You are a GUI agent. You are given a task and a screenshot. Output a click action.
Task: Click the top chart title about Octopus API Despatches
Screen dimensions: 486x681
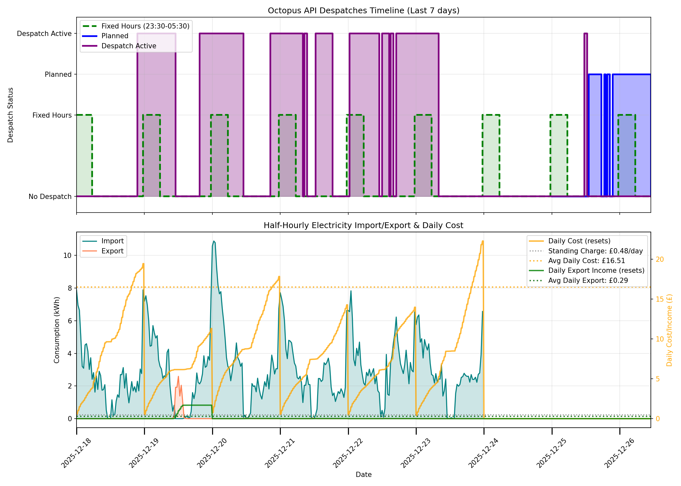click(363, 11)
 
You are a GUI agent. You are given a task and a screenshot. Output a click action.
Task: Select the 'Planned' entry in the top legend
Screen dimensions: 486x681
click(115, 36)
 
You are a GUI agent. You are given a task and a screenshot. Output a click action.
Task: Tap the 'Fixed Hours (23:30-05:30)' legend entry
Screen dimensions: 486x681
click(145, 26)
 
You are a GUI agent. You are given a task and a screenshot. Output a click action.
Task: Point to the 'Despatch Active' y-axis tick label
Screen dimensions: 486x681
click(44, 34)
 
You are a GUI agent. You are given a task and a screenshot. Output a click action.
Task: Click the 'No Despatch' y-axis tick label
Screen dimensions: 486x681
click(50, 197)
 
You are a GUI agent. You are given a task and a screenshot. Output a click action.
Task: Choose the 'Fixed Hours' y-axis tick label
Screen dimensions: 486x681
click(52, 115)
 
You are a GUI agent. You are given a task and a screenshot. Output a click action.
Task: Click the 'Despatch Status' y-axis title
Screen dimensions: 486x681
click(10, 115)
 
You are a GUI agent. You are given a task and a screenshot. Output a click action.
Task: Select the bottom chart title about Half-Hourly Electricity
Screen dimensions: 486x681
click(363, 226)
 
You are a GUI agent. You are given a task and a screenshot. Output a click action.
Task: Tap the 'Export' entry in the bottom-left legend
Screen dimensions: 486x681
click(112, 251)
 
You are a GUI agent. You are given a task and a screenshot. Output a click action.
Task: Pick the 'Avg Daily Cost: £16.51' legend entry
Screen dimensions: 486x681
click(586, 261)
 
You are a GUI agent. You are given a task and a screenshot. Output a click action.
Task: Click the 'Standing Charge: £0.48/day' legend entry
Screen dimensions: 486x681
click(595, 251)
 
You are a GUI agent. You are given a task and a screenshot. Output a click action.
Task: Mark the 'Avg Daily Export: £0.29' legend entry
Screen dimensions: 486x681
click(588, 281)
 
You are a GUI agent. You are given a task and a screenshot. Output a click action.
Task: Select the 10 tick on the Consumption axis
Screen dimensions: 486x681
click(67, 256)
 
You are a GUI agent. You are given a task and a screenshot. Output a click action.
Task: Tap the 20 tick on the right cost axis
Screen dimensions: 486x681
click(660, 260)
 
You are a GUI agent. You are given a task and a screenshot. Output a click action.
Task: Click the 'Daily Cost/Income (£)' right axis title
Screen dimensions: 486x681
click(669, 330)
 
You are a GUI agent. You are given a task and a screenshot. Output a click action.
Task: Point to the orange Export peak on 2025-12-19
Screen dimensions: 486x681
click(178, 377)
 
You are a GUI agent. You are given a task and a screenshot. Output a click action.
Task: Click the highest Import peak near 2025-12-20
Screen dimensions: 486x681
click(214, 241)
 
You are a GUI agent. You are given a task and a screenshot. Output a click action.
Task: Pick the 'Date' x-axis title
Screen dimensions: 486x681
click(363, 475)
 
